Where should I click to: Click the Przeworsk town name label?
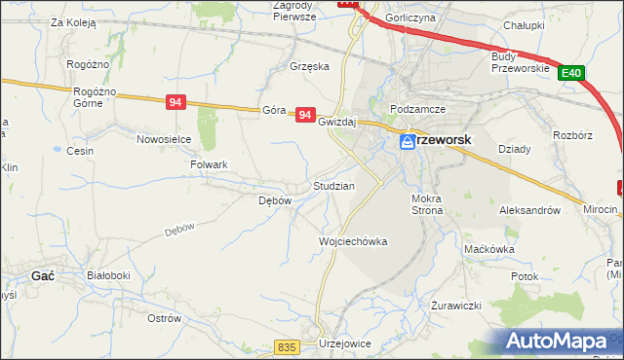click(446, 140)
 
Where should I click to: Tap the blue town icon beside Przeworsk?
click(408, 143)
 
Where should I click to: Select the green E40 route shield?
click(572, 72)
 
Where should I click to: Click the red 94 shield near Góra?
click(305, 115)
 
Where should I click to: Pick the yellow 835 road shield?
click(286, 347)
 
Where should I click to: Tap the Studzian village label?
click(333, 185)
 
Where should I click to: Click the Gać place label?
click(43, 276)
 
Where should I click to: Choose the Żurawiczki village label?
click(456, 306)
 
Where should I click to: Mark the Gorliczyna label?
click(410, 18)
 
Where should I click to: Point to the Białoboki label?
click(108, 276)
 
